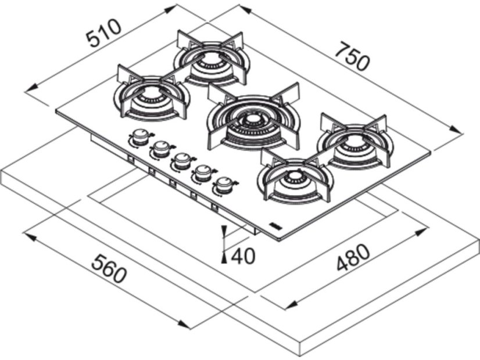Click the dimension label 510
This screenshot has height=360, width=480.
(103, 33)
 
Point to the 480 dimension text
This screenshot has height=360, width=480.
(352, 259)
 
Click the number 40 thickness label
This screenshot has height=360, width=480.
(243, 255)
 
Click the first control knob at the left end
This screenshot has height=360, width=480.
(139, 137)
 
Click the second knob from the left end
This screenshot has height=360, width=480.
(160, 149)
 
